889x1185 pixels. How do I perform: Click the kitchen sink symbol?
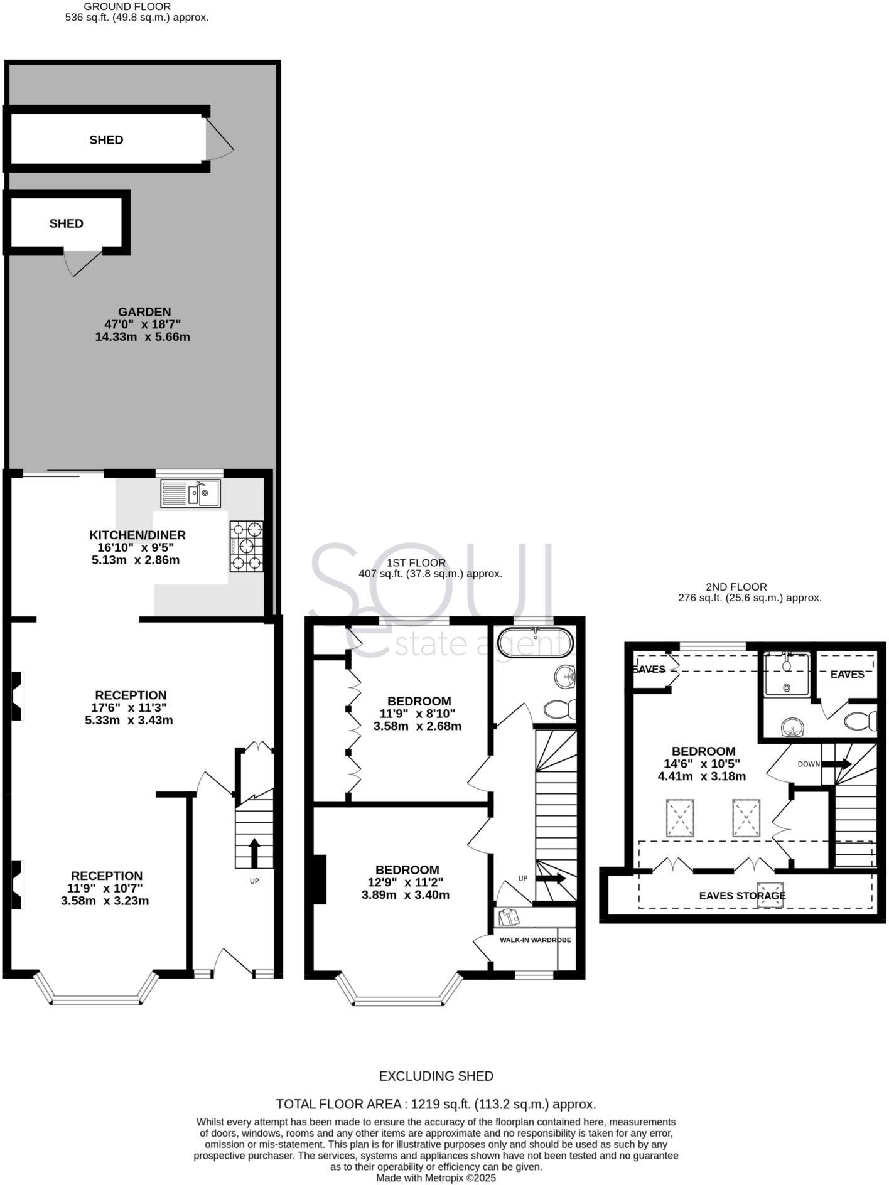pos(190,493)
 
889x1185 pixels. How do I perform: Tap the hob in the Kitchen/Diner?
pos(246,546)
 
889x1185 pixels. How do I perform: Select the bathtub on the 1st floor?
pos(535,641)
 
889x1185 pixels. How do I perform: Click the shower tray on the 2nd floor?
pos(787,674)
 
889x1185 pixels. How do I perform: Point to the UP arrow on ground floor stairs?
pos(254,852)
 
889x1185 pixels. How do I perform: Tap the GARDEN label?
pos(144,312)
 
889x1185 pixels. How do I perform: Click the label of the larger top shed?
pos(106,140)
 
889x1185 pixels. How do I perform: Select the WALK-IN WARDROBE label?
pos(535,940)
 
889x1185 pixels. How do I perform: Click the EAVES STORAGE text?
pos(742,896)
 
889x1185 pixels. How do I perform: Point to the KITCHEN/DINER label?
pos(137,535)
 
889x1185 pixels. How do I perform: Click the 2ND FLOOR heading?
pos(736,587)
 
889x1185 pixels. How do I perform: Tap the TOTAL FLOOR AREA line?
pos(436,1104)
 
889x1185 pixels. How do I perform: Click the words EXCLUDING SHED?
pos(436,1076)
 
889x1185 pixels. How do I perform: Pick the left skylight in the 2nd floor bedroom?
pos(680,818)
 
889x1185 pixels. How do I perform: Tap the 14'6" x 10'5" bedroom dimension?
pos(702,764)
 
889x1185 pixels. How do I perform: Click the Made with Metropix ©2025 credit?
pos(436,1178)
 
